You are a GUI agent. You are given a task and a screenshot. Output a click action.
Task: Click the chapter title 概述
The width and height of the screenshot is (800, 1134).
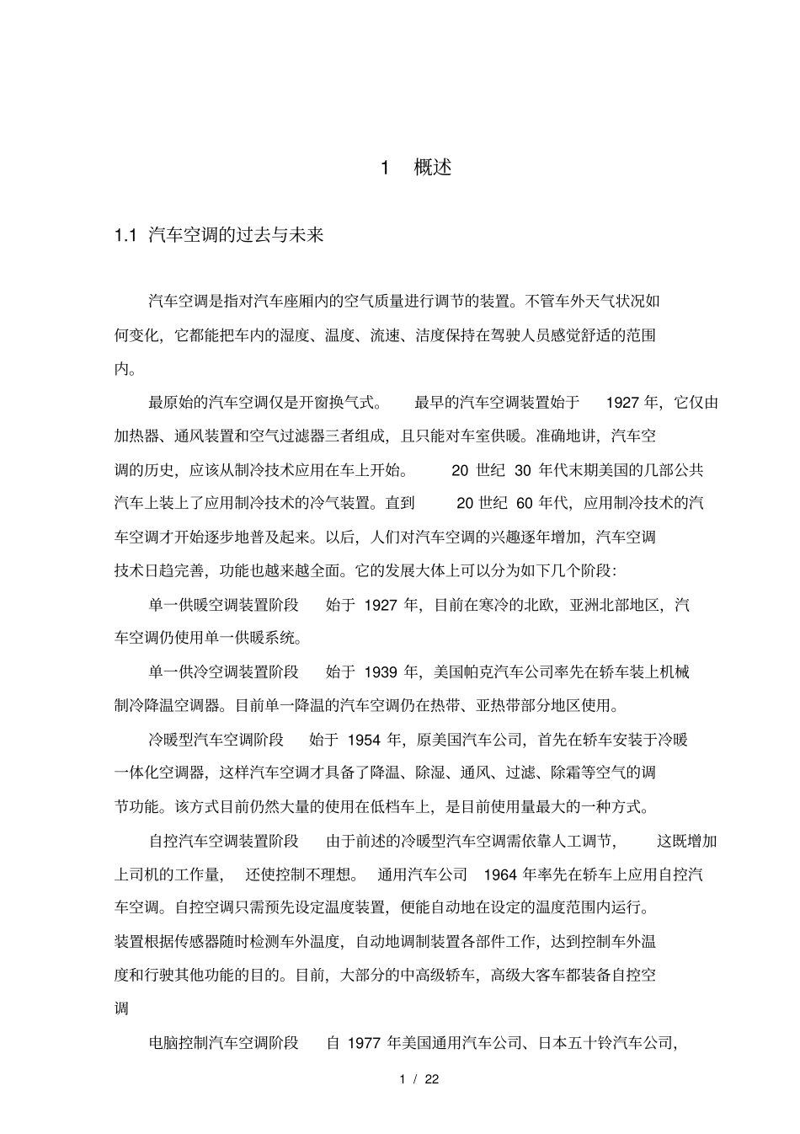coord(433,168)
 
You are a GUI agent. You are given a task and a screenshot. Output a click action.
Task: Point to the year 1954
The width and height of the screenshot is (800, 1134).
coord(363,740)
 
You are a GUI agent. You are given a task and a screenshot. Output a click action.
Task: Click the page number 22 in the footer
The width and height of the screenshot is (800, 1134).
coord(432,1079)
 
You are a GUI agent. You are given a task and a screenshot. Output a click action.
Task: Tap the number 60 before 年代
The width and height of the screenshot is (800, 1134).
coord(525,504)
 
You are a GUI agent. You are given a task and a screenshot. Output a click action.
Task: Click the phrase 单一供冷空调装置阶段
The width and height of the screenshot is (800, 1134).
coord(224,672)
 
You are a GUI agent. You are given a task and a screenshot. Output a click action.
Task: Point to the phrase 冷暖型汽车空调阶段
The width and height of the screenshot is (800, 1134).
coord(216,740)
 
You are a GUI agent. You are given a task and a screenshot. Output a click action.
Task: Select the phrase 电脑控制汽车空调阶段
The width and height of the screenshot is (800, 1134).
coord(224,1043)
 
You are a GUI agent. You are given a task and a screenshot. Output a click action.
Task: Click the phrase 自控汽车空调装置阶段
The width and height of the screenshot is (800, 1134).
coord(224,841)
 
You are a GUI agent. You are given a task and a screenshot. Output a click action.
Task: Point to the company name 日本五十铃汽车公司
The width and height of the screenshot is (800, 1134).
coord(606,1043)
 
